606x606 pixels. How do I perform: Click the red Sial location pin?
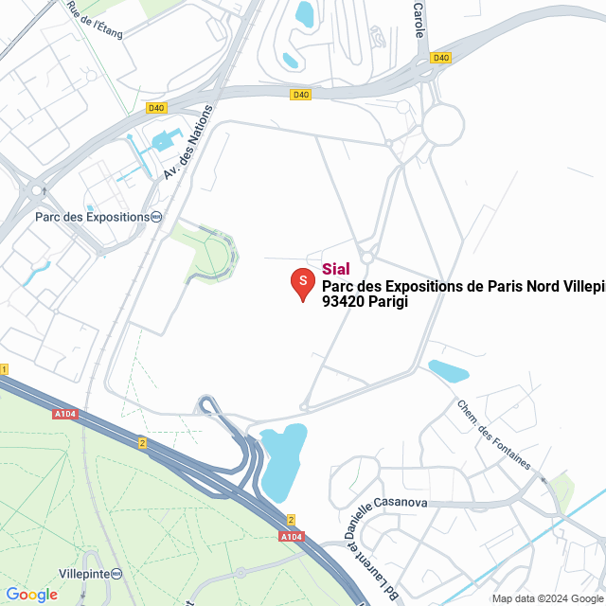pyautogui.click(x=302, y=283)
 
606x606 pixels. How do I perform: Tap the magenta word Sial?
pyautogui.click(x=336, y=269)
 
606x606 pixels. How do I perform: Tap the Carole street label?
pyautogui.click(x=419, y=19)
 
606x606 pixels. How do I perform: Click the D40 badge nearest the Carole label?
pyautogui.click(x=440, y=58)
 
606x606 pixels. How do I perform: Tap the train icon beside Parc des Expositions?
pyautogui.click(x=155, y=216)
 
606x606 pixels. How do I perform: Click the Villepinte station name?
pyautogui.click(x=84, y=573)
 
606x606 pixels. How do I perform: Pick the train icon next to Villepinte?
pyautogui.click(x=116, y=573)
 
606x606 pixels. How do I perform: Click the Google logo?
pyautogui.click(x=31, y=595)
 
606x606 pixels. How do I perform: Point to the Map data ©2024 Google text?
pyautogui.click(x=547, y=598)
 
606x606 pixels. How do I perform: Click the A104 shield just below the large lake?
pyautogui.click(x=291, y=537)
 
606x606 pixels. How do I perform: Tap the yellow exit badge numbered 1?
pyautogui.click(x=4, y=368)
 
